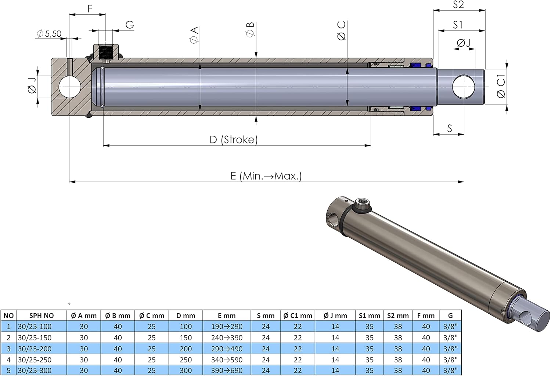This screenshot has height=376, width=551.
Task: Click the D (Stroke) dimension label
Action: coord(234,139)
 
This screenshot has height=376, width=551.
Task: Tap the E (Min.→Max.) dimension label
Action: coord(266,176)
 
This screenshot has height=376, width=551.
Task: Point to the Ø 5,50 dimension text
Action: coord(49,34)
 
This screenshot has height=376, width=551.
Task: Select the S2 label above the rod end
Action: coord(458,5)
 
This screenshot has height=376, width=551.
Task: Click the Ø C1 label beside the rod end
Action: coord(501,86)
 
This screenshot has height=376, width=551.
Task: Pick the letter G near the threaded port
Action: coord(130,25)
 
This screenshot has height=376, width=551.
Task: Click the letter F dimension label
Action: coord(90,8)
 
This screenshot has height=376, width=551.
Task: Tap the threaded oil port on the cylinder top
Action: coord(105,52)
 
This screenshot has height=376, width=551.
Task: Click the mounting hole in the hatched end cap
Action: coord(70,87)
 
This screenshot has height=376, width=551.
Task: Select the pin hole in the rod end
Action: coord(464,87)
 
